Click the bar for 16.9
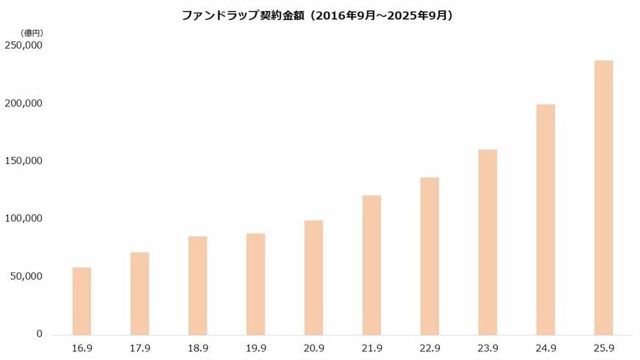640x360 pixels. [x=82, y=301]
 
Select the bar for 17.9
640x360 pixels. [x=140, y=294]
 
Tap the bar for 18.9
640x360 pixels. [x=198, y=286]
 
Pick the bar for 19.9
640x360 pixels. [x=255, y=284]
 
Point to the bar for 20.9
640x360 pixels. [x=313, y=278]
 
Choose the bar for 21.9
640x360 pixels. [x=371, y=265]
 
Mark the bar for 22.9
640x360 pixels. [x=430, y=256]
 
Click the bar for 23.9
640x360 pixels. [x=488, y=242]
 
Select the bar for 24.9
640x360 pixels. [x=546, y=219]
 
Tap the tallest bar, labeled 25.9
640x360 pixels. [x=603, y=197]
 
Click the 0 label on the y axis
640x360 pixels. [x=40, y=334]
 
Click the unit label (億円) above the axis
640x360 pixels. [x=32, y=32]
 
